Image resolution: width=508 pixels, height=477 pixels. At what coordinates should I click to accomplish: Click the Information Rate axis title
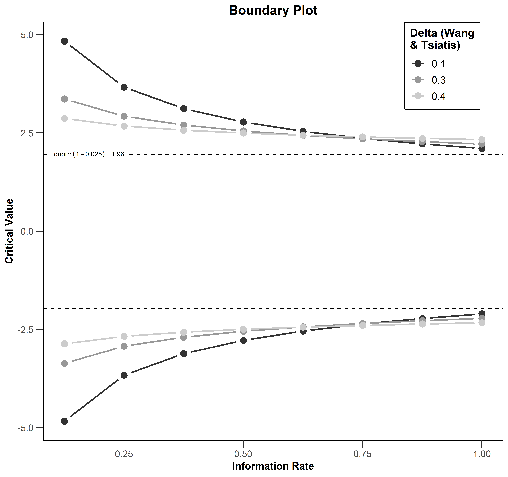pos(273,466)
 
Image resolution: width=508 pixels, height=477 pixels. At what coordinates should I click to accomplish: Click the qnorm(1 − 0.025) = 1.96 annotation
pos(89,154)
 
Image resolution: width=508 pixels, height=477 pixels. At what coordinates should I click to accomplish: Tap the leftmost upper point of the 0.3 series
pos(65,99)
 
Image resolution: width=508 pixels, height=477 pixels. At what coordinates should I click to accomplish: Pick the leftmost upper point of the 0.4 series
pos(65,118)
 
